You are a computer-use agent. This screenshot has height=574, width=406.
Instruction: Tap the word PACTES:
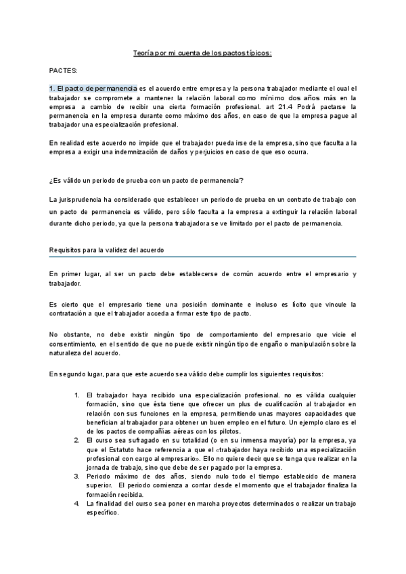click(x=63, y=70)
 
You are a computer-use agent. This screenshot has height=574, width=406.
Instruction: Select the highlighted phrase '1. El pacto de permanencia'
click(x=93, y=89)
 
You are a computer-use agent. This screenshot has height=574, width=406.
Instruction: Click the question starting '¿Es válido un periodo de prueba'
click(x=146, y=179)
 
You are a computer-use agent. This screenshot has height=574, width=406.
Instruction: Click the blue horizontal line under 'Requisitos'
click(x=202, y=257)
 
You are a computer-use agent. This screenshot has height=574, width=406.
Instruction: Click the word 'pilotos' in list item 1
click(x=189, y=432)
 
